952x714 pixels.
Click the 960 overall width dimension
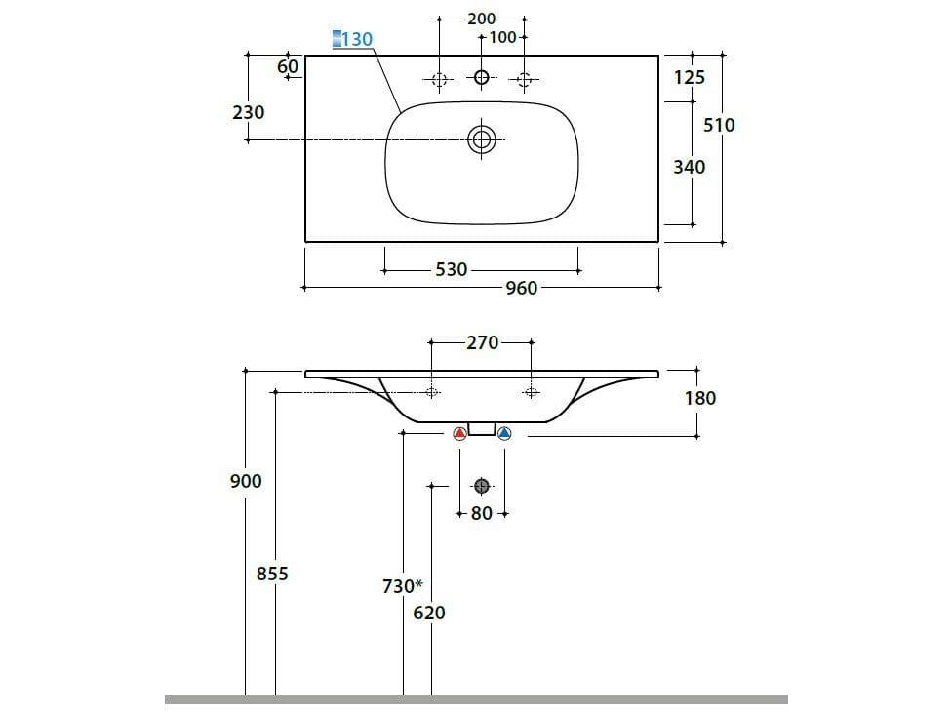click(521, 289)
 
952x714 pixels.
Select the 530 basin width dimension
click(451, 270)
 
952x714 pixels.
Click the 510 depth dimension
click(719, 125)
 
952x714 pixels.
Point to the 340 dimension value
click(689, 167)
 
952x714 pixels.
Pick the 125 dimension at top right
click(689, 77)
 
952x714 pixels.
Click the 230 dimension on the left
click(248, 112)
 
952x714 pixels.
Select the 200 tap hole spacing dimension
click(481, 19)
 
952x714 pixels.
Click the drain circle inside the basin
click(481, 139)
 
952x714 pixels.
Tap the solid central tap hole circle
click(481, 79)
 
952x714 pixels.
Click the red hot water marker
click(460, 434)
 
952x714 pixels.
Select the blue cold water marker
click(503, 434)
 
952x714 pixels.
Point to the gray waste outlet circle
click(481, 486)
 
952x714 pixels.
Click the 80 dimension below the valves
click(482, 513)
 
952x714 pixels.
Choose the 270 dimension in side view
click(482, 342)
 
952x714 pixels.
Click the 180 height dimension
click(699, 398)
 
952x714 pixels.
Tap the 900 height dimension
click(246, 481)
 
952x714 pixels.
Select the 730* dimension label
click(402, 586)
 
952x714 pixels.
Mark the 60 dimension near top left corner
click(288, 66)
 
